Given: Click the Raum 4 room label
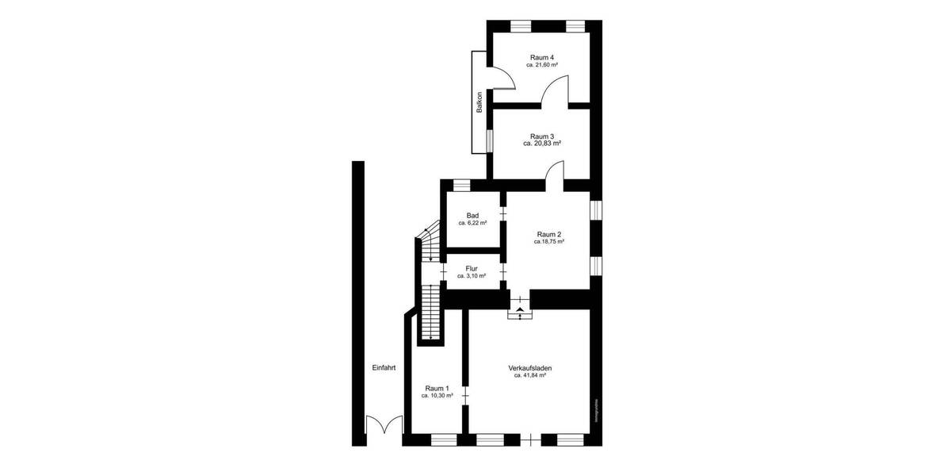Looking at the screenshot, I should [542, 57].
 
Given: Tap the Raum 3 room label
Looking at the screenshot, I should [542, 136].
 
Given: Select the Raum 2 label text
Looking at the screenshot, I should [549, 234].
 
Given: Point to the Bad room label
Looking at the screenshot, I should [472, 215].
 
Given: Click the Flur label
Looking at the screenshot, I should [472, 268].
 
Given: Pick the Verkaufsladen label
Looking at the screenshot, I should [530, 368].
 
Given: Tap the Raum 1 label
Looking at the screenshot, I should [437, 388].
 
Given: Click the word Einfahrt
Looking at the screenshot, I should [384, 368].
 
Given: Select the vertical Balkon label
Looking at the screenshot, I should [479, 103].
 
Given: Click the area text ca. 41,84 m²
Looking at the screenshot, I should [530, 376].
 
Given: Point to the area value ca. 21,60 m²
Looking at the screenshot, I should [542, 65].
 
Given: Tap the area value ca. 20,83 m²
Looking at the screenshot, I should [542, 144].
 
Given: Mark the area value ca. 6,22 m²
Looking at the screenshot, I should [472, 223].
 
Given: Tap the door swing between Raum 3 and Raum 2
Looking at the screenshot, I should [554, 175].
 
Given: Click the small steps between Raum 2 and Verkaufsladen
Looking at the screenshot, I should [520, 310].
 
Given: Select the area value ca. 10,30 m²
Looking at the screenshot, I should [437, 395].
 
